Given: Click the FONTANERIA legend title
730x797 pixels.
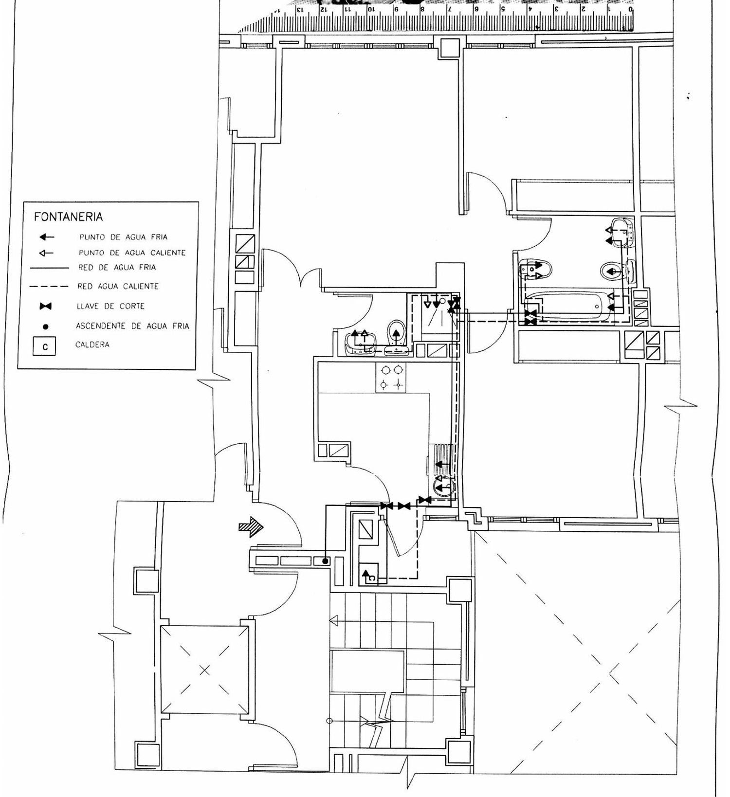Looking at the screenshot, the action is (x=68, y=217).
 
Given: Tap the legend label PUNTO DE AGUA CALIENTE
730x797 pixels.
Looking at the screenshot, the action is (x=132, y=253).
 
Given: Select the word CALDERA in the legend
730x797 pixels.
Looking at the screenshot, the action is (x=92, y=344).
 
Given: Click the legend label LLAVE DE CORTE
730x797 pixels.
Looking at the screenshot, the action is (x=110, y=306).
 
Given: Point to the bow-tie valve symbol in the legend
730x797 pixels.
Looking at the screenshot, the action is (x=46, y=306).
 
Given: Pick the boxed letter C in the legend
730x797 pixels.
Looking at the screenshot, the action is (x=45, y=347).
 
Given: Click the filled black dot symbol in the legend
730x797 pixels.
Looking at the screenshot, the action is (x=46, y=327).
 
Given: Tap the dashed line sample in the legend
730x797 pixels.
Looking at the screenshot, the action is (x=49, y=287).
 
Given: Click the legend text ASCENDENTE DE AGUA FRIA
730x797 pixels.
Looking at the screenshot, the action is (x=132, y=326).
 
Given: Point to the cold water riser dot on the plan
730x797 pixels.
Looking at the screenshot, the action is (x=326, y=562).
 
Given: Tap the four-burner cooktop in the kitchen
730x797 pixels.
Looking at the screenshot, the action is (x=391, y=377).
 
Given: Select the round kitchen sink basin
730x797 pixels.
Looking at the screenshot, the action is (x=443, y=487).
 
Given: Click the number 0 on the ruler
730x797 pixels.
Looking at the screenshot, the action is (x=631, y=9).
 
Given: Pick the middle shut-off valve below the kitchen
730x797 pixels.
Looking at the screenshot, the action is (x=403, y=506).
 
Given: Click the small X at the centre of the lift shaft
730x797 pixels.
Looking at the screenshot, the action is (x=204, y=670).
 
